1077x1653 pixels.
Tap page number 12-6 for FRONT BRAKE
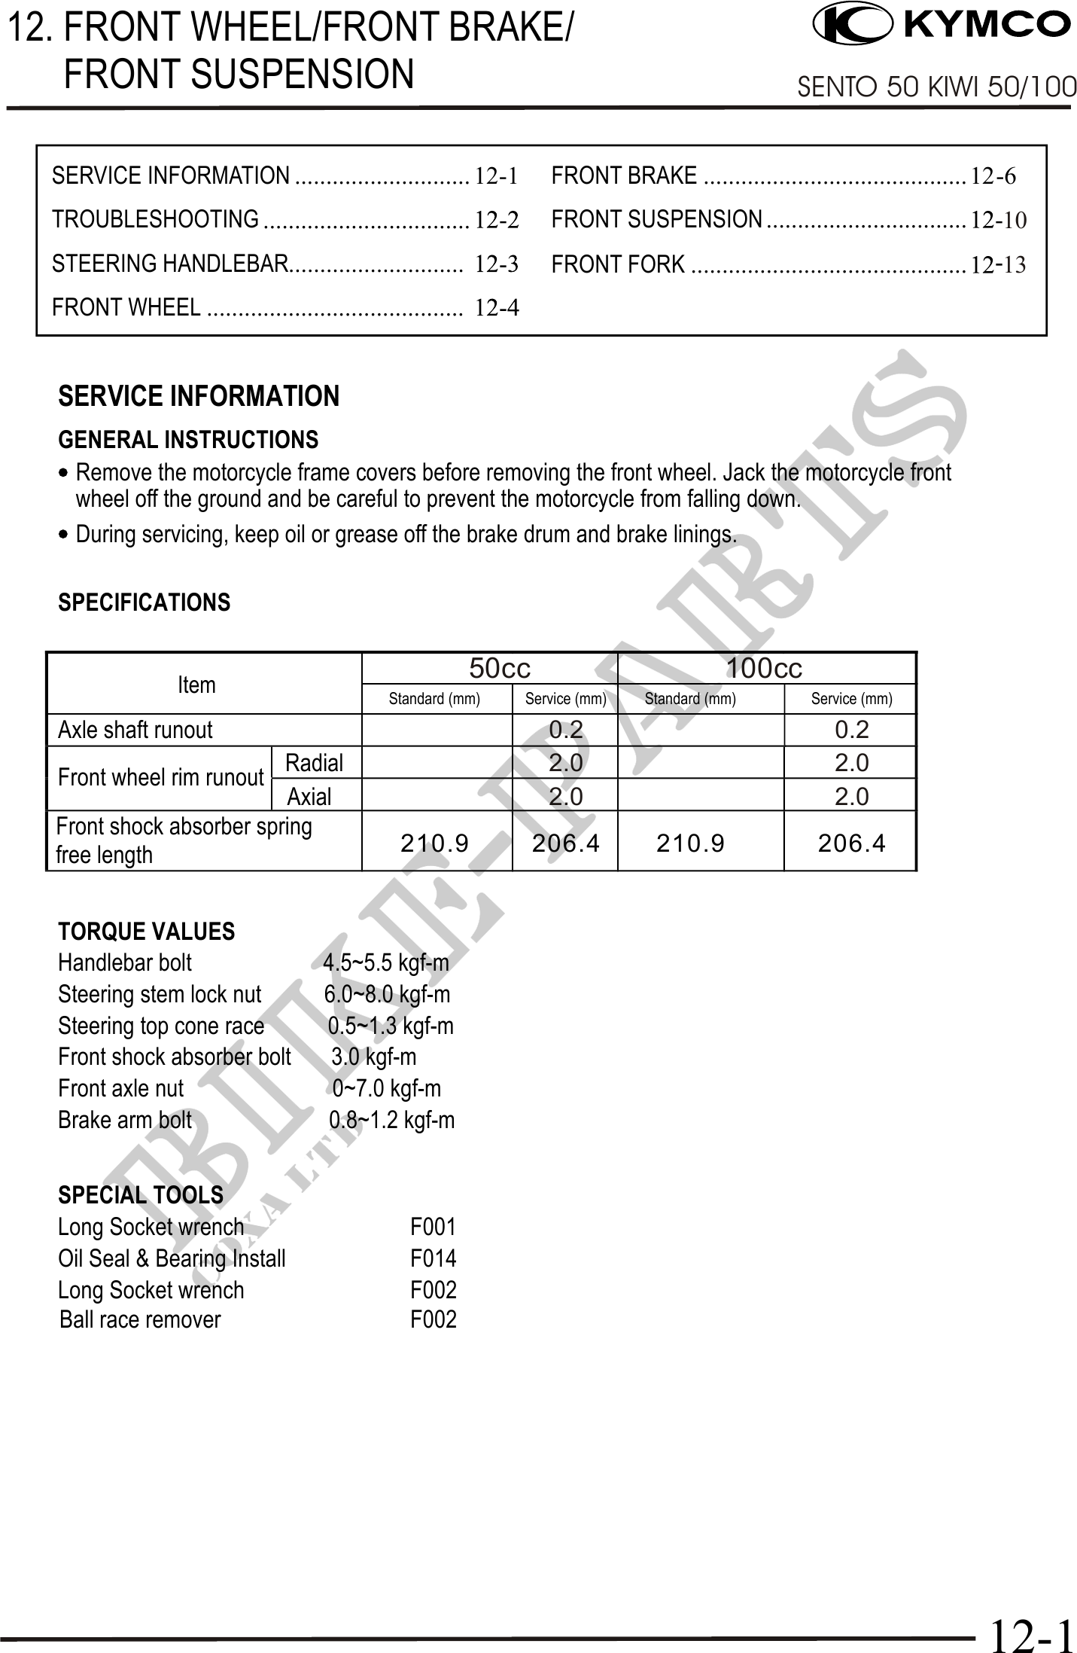[993, 176]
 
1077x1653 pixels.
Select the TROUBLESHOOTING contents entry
[155, 219]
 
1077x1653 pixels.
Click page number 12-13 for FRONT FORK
[998, 265]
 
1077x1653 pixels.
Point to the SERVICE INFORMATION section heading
[199, 396]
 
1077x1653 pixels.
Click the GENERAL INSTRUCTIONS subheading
[188, 440]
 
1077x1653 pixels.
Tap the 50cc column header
[500, 668]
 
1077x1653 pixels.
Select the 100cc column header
[764, 668]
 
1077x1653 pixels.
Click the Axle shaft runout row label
[135, 730]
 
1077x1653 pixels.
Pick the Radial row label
[314, 763]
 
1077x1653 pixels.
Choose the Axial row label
[309, 796]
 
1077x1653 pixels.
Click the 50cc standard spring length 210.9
[434, 843]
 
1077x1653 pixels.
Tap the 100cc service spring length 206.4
[851, 843]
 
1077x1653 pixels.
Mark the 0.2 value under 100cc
[852, 730]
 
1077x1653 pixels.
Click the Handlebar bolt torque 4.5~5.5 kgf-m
[385, 962]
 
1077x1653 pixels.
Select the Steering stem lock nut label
[160, 994]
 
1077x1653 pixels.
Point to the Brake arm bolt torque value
[391, 1120]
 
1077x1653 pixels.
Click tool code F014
[433, 1258]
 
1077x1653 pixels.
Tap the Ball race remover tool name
[140, 1319]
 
